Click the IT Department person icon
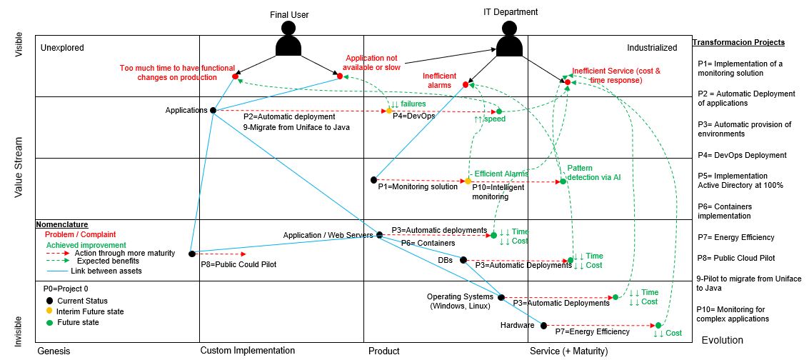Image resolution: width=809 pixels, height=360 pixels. (x=509, y=40)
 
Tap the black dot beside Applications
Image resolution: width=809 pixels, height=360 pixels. (x=213, y=110)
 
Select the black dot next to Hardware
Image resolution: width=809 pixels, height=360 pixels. (x=543, y=326)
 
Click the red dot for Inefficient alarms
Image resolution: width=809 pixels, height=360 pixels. (x=466, y=84)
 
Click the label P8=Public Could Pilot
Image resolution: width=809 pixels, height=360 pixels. (x=238, y=264)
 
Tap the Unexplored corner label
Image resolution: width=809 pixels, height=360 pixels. (x=62, y=48)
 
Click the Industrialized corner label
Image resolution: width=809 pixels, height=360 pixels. (x=651, y=48)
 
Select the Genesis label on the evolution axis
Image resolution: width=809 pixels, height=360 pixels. (x=54, y=351)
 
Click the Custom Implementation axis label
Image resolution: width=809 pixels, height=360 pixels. (x=247, y=351)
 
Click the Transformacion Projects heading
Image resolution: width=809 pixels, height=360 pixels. (x=738, y=42)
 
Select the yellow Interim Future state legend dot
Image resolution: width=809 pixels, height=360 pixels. (x=49, y=311)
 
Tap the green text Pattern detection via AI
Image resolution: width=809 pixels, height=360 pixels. (x=593, y=173)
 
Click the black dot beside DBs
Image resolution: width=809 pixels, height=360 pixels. (x=463, y=260)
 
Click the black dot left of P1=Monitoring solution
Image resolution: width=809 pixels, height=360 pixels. (x=373, y=179)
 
